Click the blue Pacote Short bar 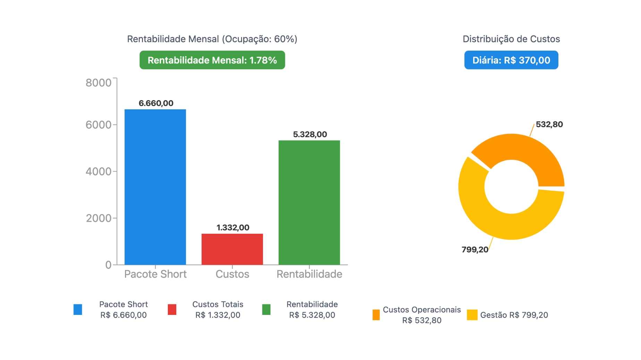[x=155, y=187]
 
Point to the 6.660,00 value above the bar [x=156, y=103]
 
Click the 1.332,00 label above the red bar [x=233, y=228]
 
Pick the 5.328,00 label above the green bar [x=310, y=134]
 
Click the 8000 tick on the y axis [x=98, y=83]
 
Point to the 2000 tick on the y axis [x=98, y=218]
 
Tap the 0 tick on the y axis [x=108, y=265]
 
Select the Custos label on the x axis [x=232, y=274]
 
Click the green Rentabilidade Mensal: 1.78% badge [x=212, y=60]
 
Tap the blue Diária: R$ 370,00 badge [x=511, y=60]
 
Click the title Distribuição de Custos [x=511, y=39]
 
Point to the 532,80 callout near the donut [x=549, y=124]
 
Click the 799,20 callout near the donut [x=474, y=250]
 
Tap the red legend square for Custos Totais [x=172, y=309]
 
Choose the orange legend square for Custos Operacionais [x=376, y=315]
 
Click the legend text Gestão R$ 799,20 [x=514, y=315]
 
